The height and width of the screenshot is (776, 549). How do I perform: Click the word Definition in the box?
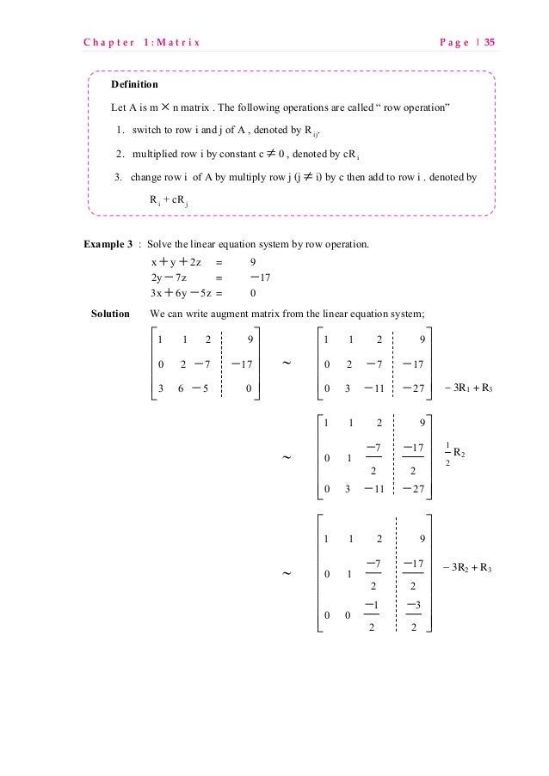pos(134,85)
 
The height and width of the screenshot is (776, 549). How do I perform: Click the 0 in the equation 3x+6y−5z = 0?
pos(252,292)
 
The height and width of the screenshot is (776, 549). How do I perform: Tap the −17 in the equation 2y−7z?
pos(259,277)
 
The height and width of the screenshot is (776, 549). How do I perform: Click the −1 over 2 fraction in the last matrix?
pos(373,615)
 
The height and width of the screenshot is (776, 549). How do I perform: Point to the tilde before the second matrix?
pos(287,364)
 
